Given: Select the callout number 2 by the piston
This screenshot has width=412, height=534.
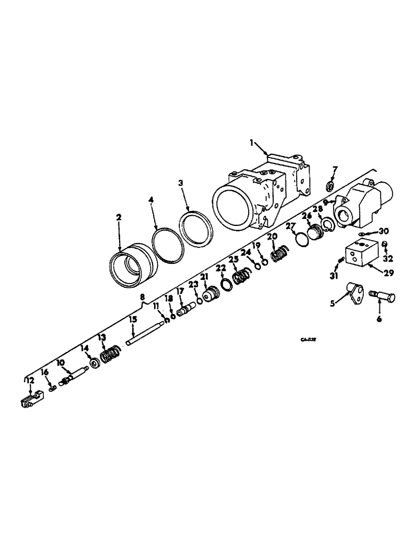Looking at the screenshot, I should (119, 217).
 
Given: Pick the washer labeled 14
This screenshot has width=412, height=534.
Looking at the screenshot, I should (94, 363).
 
